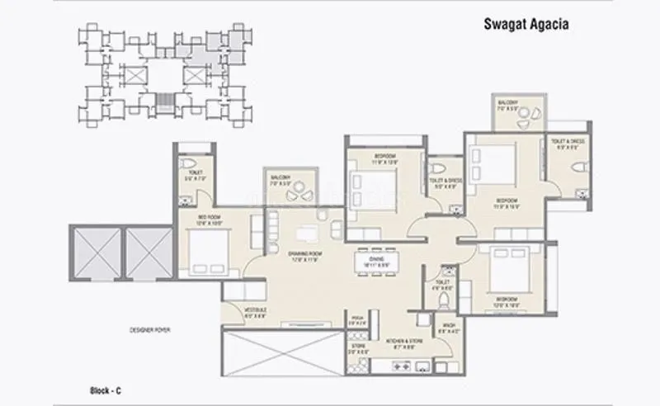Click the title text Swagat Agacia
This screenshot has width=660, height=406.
(525, 25)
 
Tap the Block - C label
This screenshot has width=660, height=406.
(106, 387)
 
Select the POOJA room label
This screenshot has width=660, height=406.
(357, 319)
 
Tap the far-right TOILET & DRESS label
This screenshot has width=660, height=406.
(569, 144)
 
